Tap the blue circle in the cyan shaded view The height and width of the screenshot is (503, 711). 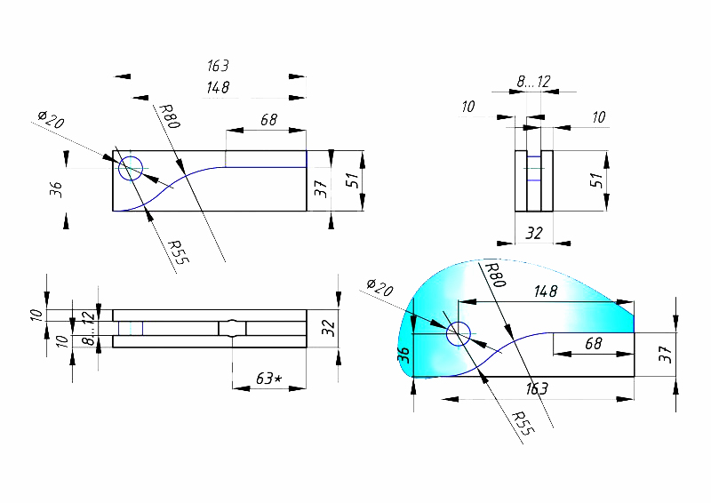tap(459, 333)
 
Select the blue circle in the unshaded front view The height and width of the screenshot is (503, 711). tap(131, 167)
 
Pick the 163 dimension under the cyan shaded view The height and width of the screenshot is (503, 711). tap(536, 389)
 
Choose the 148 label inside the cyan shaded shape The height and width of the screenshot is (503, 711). tap(546, 290)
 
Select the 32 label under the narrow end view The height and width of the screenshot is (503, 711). tap(534, 233)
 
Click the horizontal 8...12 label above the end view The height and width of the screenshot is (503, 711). tap(533, 82)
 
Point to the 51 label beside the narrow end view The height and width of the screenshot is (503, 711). tap(598, 179)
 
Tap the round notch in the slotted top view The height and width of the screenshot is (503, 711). tap(232, 328)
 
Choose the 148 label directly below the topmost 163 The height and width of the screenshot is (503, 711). tap(218, 87)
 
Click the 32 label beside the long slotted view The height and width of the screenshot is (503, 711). tap(327, 328)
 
